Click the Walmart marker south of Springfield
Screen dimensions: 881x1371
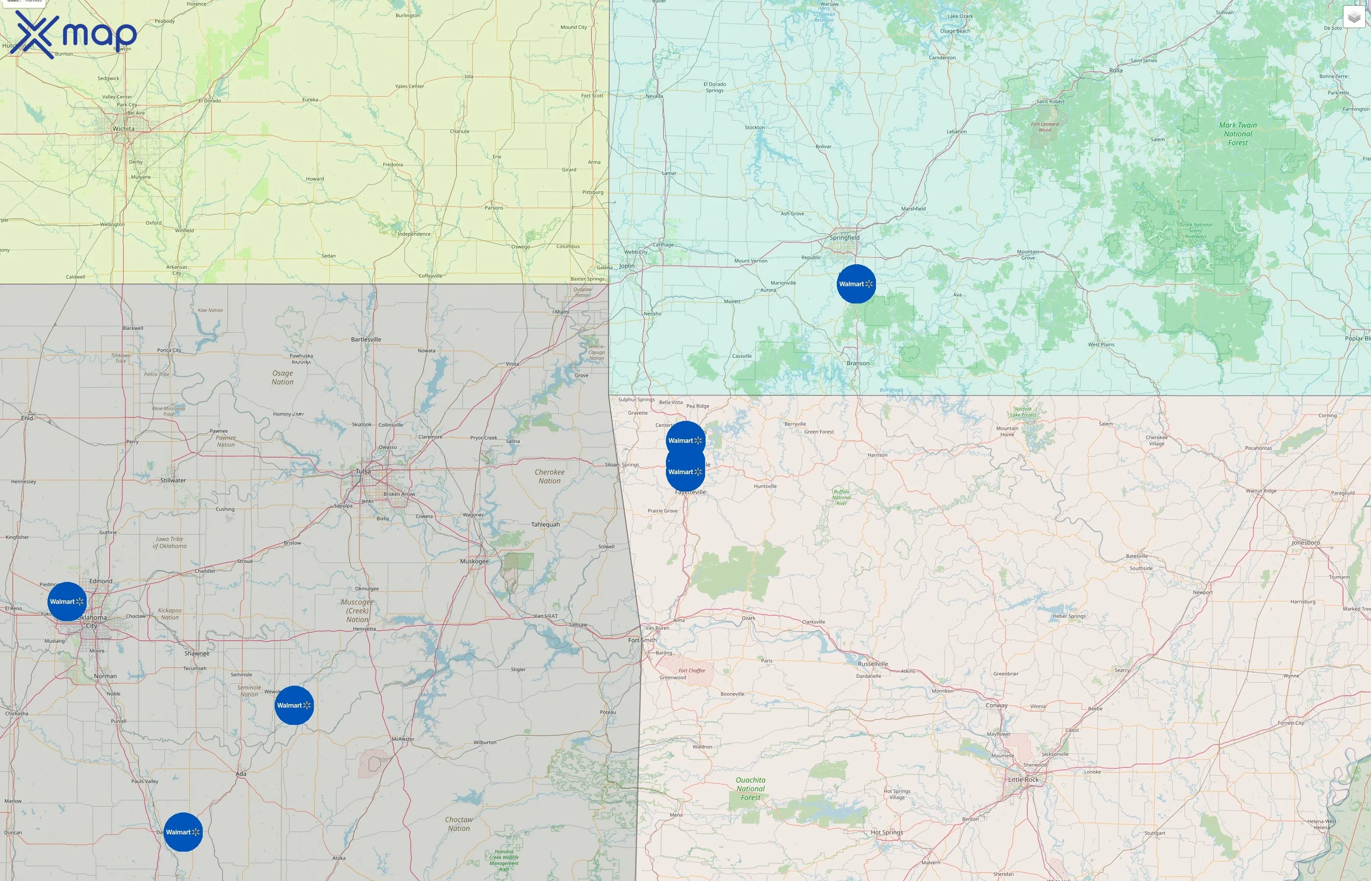(x=856, y=284)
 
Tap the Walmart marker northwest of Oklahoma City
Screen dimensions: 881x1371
(x=67, y=601)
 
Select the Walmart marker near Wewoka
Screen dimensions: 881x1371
(x=294, y=705)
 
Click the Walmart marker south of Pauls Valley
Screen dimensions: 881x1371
(x=183, y=832)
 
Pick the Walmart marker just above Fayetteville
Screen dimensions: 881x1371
(x=685, y=472)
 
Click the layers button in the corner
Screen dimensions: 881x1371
(x=1353, y=17)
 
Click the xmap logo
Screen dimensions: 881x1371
(x=74, y=34)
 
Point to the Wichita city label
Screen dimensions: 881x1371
(x=123, y=129)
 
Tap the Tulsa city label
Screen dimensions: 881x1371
(x=363, y=471)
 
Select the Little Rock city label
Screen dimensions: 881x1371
(x=1023, y=780)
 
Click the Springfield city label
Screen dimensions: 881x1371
(x=845, y=237)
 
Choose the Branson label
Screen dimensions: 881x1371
(x=858, y=363)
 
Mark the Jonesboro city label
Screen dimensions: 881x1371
(x=1306, y=542)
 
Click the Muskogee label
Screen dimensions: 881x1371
(x=474, y=561)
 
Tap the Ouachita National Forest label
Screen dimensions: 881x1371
(x=751, y=788)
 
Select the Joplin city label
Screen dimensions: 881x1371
(x=627, y=265)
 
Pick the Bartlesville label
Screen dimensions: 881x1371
(x=366, y=339)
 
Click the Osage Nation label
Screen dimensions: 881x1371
(x=283, y=377)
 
